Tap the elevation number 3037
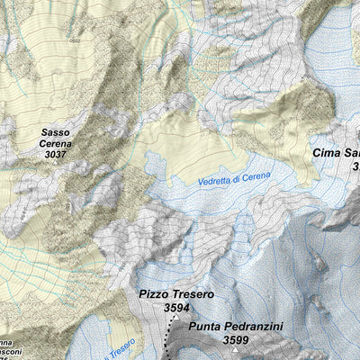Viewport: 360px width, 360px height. pos(56,155)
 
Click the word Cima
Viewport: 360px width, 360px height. pos(328,153)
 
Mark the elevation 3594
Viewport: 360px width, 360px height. pos(176,308)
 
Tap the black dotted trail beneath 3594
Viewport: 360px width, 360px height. pos(167,337)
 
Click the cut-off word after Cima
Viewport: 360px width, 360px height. pos(353,153)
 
